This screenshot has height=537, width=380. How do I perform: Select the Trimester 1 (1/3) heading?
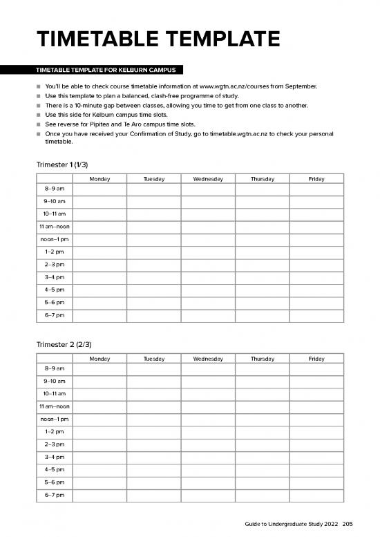pos(62,164)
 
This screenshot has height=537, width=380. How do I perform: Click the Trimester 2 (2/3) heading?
pos(64,344)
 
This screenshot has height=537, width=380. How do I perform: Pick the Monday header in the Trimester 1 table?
pos(99,179)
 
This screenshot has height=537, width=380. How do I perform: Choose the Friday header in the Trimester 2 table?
pos(316,359)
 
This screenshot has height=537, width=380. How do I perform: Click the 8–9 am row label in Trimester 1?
pos(55,189)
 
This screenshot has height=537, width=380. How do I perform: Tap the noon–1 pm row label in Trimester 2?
pos(55,419)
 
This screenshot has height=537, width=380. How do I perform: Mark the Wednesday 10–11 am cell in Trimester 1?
pos(208,214)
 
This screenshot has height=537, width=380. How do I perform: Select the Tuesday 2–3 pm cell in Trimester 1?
pos(153,265)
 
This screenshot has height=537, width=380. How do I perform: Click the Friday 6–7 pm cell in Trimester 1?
pos(316,315)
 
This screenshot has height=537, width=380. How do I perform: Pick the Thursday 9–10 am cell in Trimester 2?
pos(262,381)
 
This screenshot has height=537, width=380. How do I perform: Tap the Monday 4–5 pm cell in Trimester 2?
pos(99,469)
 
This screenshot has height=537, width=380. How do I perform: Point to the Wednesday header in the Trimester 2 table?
pos(208,359)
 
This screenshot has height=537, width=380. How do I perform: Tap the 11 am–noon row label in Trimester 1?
pos(55,227)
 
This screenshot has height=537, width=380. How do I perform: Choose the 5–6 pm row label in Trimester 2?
pos(55,482)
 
